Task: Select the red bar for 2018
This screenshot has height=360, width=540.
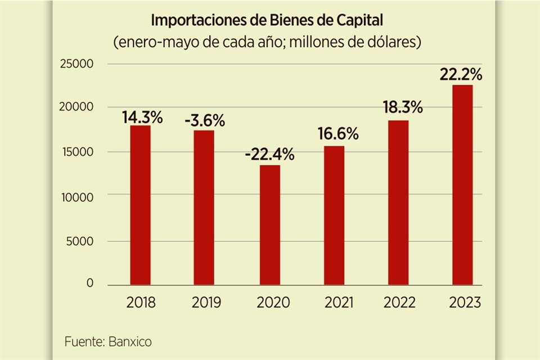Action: click(140, 205)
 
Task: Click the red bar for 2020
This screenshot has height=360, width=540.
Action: click(269, 225)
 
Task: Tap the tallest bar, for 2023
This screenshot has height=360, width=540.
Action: click(463, 186)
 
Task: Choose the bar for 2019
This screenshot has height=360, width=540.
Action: click(205, 208)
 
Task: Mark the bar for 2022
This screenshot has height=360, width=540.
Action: click(398, 202)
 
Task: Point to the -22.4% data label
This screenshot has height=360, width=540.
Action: click(269, 154)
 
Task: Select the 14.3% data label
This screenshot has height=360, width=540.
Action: click(142, 118)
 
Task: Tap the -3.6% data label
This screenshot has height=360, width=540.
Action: click(205, 120)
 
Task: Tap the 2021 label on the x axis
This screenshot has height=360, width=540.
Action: click(339, 303)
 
